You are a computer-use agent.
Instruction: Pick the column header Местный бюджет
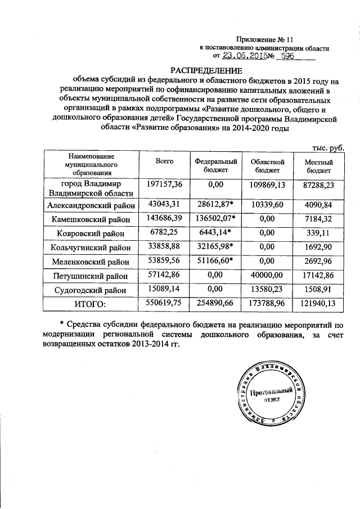319,165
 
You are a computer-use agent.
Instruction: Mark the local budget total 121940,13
319,304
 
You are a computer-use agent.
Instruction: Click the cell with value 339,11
319,233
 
